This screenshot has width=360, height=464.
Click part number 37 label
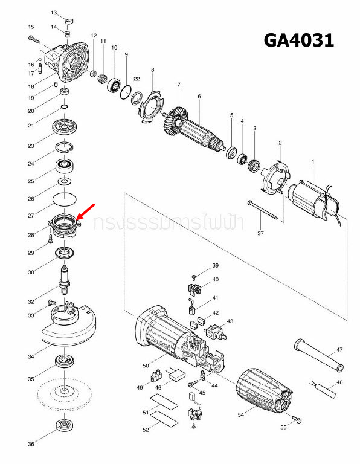tap(261, 233)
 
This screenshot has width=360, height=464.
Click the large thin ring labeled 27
tap(63, 198)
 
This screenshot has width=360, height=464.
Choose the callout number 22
tap(137, 79)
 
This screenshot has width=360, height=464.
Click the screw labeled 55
tap(296, 419)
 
